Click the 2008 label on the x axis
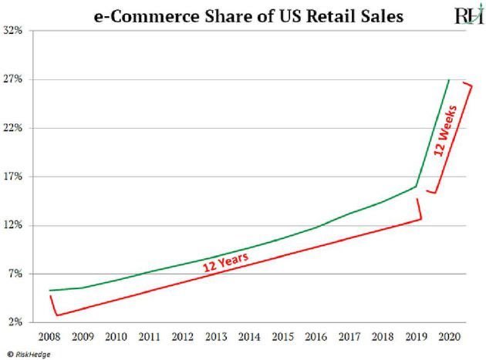pos(49,336)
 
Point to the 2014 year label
pos(248,336)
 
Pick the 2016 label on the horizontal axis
pos(316,336)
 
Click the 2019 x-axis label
pos(416,336)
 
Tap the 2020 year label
pos(449,336)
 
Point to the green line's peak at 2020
pos(449,80)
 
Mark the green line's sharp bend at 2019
pos(417,187)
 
